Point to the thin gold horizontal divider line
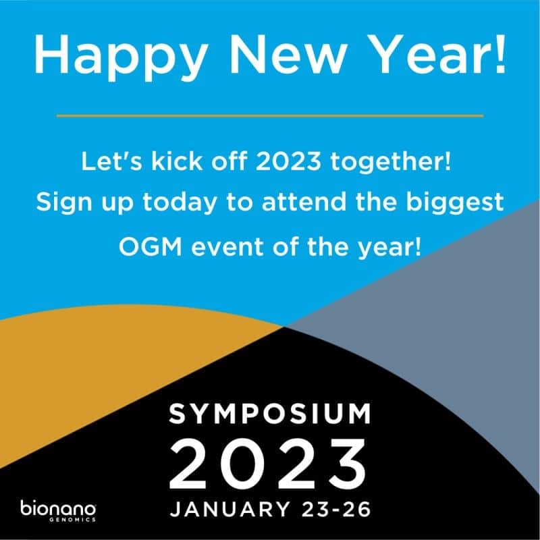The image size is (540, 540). coord(270,115)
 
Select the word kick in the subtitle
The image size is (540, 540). coord(177,161)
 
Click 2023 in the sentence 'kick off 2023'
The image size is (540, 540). coord(288,161)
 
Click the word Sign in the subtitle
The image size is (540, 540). coord(64,202)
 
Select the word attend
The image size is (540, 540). coord(304,201)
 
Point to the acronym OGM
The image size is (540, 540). coord(150,246)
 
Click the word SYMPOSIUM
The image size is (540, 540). coord(270,413)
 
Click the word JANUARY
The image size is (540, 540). coord(230,509)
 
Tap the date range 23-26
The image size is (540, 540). coord(336,509)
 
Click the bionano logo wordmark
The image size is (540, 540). coord(58,508)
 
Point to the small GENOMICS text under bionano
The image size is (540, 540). coord(73,520)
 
